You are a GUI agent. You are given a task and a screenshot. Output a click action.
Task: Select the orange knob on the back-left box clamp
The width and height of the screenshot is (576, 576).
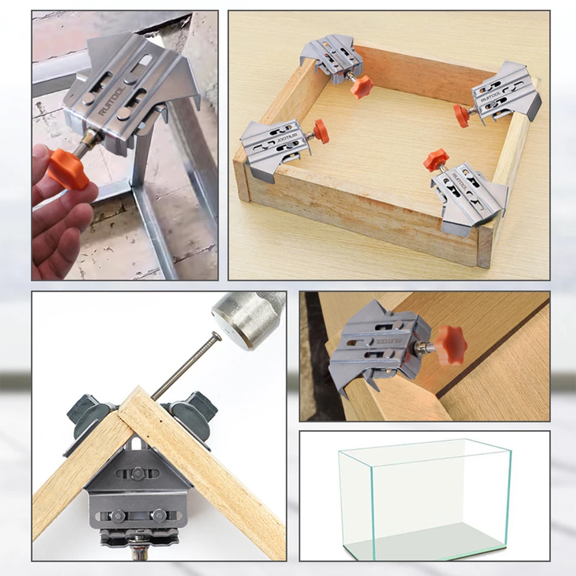362,86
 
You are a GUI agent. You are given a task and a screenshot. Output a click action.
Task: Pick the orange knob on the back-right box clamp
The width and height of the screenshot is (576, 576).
461,115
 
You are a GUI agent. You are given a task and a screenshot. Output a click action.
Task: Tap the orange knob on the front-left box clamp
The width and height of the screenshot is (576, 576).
321,131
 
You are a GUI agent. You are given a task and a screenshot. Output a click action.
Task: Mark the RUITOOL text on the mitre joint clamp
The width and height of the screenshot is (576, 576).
387,341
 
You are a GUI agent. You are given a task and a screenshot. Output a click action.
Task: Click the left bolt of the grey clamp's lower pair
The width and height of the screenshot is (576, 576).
118,515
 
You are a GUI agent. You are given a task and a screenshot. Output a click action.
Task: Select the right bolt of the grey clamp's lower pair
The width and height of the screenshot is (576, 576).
158,515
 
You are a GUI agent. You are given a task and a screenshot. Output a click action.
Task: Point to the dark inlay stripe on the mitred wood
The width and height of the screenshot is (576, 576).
492,347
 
